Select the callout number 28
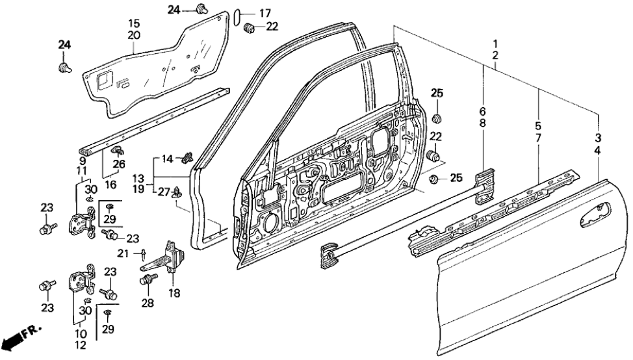click(x=148, y=304)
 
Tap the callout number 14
click(x=167, y=159)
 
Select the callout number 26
click(x=119, y=164)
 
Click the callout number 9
click(x=83, y=160)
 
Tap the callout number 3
click(x=597, y=138)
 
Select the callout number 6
click(x=483, y=110)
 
